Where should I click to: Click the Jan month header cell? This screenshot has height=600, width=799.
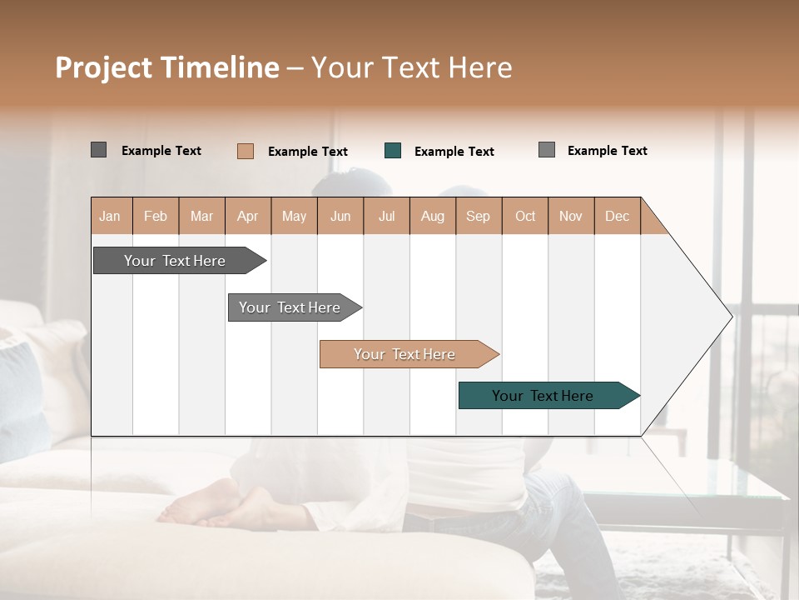coord(111,216)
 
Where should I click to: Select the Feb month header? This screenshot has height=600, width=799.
coord(156,216)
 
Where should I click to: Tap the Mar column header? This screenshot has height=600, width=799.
coord(201,216)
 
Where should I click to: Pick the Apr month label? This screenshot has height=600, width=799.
coord(248,216)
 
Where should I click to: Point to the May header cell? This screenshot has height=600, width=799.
coord(294,216)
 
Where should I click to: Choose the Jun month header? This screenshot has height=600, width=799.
coord(340,216)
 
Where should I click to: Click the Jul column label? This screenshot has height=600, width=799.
coord(386,216)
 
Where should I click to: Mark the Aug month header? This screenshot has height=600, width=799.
coord(433,216)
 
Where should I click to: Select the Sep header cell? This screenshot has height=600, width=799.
coord(479,216)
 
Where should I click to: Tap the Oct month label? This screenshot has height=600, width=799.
coord(525,216)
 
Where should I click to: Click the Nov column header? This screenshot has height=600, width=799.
coord(571,216)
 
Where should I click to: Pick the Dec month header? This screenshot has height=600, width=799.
coord(617,216)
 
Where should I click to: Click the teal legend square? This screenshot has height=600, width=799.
coord(393,151)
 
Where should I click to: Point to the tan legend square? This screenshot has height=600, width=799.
coord(246,151)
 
